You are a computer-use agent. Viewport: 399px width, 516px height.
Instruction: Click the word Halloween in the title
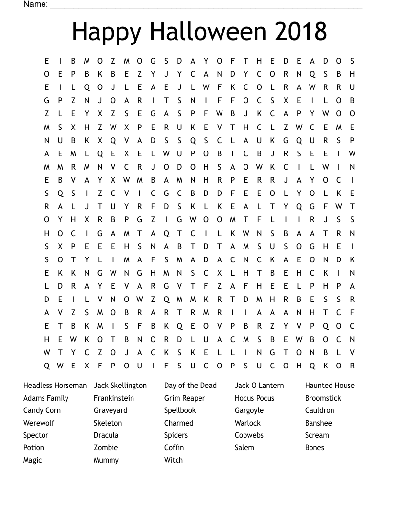[209, 32]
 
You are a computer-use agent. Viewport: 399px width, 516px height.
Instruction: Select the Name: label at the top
[36, 4]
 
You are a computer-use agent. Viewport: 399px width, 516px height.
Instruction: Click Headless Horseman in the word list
[55, 386]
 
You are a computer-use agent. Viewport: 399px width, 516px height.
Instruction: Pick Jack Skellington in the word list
[120, 386]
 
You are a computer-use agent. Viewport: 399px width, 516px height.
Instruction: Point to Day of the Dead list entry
[190, 386]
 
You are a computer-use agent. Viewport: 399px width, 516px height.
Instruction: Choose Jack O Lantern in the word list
[259, 386]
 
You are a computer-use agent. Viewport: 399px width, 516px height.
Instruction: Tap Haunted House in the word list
[330, 386]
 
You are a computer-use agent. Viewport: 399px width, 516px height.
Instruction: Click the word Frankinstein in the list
[114, 398]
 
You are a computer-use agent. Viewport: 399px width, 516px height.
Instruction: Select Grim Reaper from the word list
[185, 398]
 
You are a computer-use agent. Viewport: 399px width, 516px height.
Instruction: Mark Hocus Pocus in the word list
[254, 398]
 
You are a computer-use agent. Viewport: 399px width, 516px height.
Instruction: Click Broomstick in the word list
[323, 398]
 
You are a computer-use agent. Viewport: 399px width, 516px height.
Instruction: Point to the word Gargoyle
[249, 410]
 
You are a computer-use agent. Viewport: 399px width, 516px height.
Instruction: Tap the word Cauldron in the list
[320, 410]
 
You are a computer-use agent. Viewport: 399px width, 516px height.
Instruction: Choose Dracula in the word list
[106, 435]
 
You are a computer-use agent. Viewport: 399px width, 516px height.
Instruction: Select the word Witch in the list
[174, 460]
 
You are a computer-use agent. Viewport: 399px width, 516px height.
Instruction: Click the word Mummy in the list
[106, 460]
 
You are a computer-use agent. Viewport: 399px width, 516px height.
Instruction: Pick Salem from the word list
[244, 448]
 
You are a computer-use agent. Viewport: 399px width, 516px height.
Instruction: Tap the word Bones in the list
[314, 448]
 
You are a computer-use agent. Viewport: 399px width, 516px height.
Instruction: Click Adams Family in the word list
[46, 398]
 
